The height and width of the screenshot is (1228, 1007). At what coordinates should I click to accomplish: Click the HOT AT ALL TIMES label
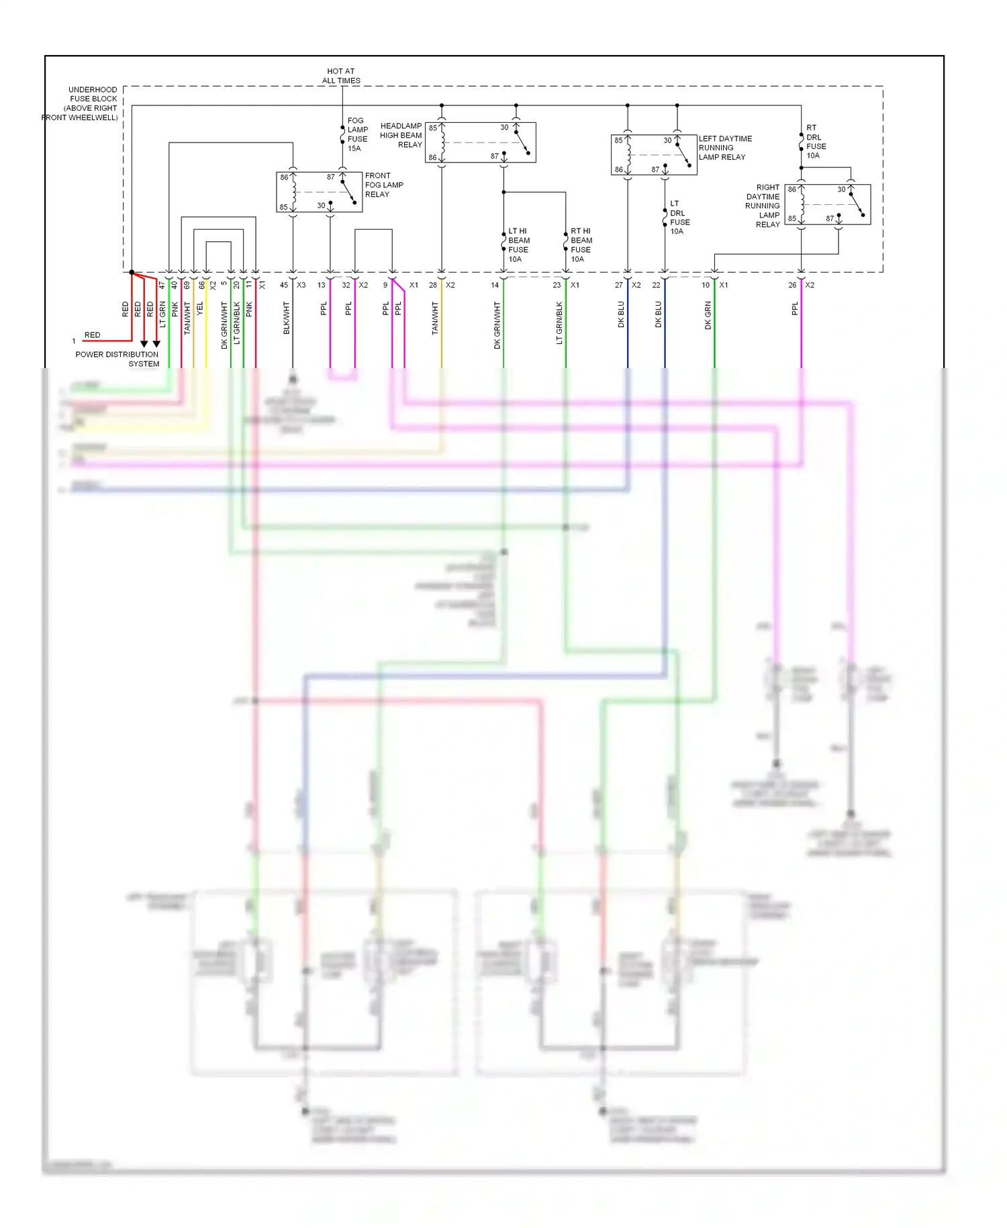click(341, 76)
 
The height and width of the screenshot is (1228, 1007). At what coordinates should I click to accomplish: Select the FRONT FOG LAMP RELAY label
click(383, 185)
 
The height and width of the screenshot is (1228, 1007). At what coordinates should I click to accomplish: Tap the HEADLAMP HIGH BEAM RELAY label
click(401, 135)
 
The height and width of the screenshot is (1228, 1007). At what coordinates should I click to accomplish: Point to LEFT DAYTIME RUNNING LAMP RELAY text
click(724, 148)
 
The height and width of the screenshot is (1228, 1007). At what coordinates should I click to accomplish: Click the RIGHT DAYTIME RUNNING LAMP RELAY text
click(763, 206)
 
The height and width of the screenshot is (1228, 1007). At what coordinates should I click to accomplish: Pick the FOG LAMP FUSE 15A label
click(357, 134)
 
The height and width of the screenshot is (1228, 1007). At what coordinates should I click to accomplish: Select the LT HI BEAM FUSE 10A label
click(518, 245)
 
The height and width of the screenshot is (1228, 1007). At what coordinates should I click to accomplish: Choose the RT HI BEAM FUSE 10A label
click(581, 245)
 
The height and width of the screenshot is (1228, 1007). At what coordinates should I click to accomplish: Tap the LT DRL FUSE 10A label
click(679, 217)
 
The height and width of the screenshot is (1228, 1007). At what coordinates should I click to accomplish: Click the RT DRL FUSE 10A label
click(816, 141)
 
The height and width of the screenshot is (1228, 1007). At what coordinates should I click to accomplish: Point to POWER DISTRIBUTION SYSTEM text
click(118, 359)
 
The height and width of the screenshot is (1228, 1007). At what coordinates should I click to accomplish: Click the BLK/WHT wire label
click(287, 318)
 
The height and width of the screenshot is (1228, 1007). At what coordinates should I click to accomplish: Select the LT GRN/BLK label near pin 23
click(559, 322)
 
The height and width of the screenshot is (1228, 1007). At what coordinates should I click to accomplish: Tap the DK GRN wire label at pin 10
click(708, 315)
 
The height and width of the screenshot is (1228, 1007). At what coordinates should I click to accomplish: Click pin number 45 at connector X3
click(284, 285)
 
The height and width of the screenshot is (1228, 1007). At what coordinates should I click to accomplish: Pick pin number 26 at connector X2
click(792, 285)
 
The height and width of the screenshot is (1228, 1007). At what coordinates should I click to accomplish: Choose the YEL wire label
click(200, 309)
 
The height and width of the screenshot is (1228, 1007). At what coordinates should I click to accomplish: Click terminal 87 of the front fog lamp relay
click(331, 177)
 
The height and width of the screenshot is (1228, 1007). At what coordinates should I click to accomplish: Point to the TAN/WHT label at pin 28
click(435, 318)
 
